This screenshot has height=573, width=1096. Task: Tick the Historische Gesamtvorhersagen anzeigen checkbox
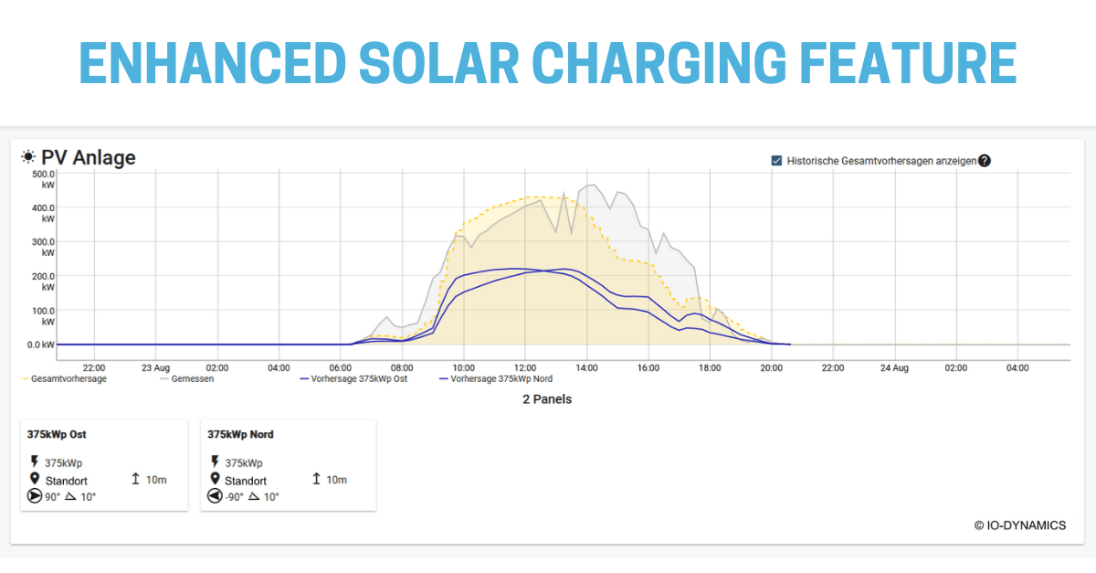[776, 161]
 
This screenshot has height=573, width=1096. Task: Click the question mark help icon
[984, 161]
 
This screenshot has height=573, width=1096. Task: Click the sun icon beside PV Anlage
[29, 157]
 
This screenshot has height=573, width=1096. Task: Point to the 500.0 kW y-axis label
[44, 178]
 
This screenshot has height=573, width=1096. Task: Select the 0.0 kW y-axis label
[42, 345]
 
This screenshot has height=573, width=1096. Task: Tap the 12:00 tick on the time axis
[524, 367]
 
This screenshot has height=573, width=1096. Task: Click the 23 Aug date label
[156, 367]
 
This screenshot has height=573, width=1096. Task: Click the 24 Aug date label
[894, 367]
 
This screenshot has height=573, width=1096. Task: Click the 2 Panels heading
[547, 399]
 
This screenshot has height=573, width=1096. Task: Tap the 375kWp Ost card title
[57, 434]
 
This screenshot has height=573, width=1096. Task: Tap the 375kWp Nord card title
[240, 434]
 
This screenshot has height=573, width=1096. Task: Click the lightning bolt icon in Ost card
[35, 462]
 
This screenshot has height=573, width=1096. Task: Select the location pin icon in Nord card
[216, 480]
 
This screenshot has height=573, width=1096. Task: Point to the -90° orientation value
[235, 497]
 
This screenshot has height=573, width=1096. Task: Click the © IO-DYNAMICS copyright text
[1019, 525]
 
